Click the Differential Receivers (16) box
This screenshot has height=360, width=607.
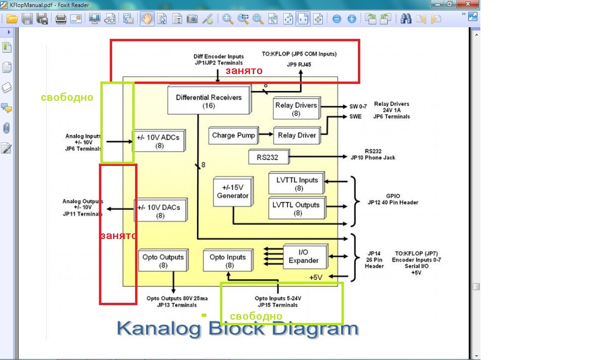[209, 100]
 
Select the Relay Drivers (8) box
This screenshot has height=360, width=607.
[296, 109]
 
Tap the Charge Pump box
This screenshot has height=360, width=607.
[233, 135]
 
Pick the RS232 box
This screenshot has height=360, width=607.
[268, 157]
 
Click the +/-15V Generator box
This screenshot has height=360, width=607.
[233, 192]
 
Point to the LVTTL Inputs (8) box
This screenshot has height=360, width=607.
[297, 184]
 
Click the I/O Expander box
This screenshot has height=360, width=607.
[305, 256]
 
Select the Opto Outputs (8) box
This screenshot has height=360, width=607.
[163, 260]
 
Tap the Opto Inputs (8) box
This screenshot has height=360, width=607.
[228, 261]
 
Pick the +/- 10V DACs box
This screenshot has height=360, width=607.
[160, 211]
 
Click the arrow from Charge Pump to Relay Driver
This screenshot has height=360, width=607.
[266, 135]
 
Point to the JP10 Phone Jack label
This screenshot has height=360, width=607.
[373, 157]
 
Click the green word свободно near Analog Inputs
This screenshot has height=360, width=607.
[67, 97]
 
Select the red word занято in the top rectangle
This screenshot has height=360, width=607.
[244, 71]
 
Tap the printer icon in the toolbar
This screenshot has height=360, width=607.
[61, 19]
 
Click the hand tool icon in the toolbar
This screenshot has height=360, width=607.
[147, 19]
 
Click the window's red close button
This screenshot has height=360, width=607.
[466, 4]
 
